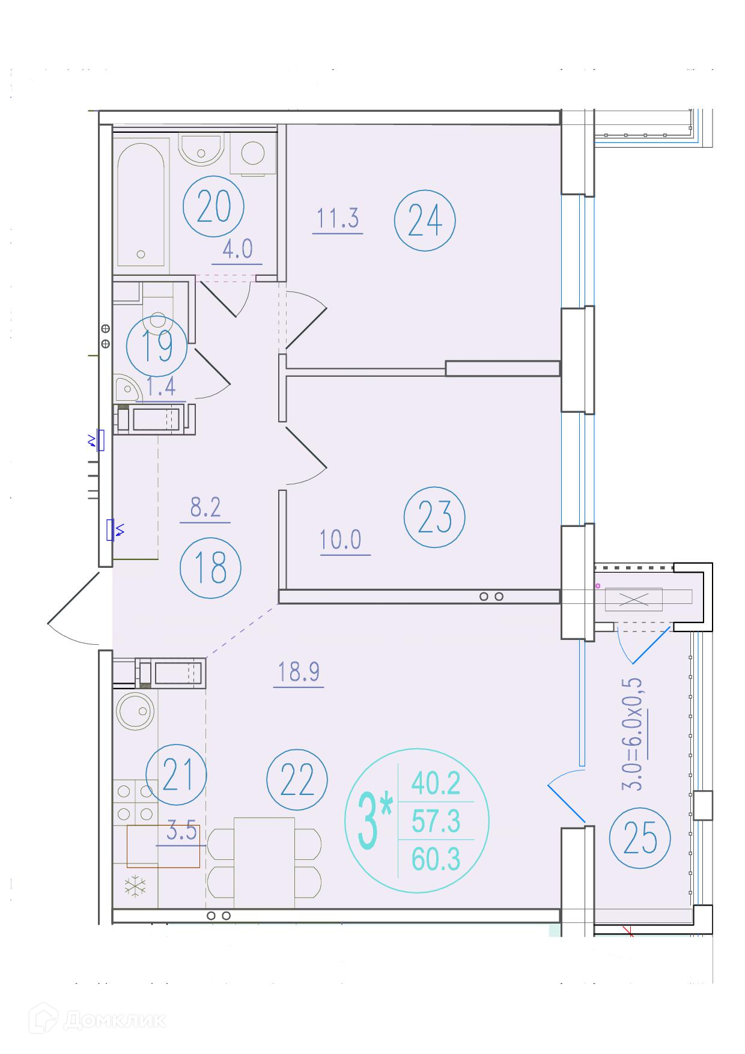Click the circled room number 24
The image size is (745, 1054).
425,221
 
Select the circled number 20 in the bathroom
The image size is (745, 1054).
214,207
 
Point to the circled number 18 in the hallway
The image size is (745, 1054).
210,568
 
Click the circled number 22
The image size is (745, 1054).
297,780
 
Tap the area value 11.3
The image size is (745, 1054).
338,218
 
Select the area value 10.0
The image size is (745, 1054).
345,540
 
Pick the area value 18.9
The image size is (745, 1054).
299,672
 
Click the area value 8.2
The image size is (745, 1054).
205,508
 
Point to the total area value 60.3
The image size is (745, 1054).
436,860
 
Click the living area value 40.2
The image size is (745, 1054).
436,782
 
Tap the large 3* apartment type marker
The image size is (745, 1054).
375,820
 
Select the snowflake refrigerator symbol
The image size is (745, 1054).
135,885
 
